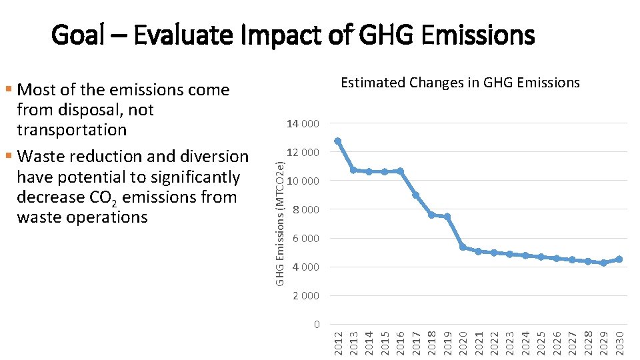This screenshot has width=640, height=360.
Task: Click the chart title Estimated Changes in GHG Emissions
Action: tap(460, 83)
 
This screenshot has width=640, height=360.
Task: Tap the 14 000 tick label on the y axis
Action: tap(303, 124)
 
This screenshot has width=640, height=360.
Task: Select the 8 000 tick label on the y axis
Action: tap(306, 210)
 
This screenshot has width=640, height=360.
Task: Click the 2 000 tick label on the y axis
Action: tap(306, 296)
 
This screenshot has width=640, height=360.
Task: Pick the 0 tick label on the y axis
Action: tap(317, 325)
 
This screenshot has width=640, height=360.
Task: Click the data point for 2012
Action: tap(338, 141)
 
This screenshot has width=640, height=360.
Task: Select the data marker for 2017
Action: tap(416, 195)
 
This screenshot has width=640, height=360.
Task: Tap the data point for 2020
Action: tap(463, 247)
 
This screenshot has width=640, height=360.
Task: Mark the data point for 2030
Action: tap(619, 259)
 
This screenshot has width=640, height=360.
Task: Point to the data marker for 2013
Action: tap(353, 170)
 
